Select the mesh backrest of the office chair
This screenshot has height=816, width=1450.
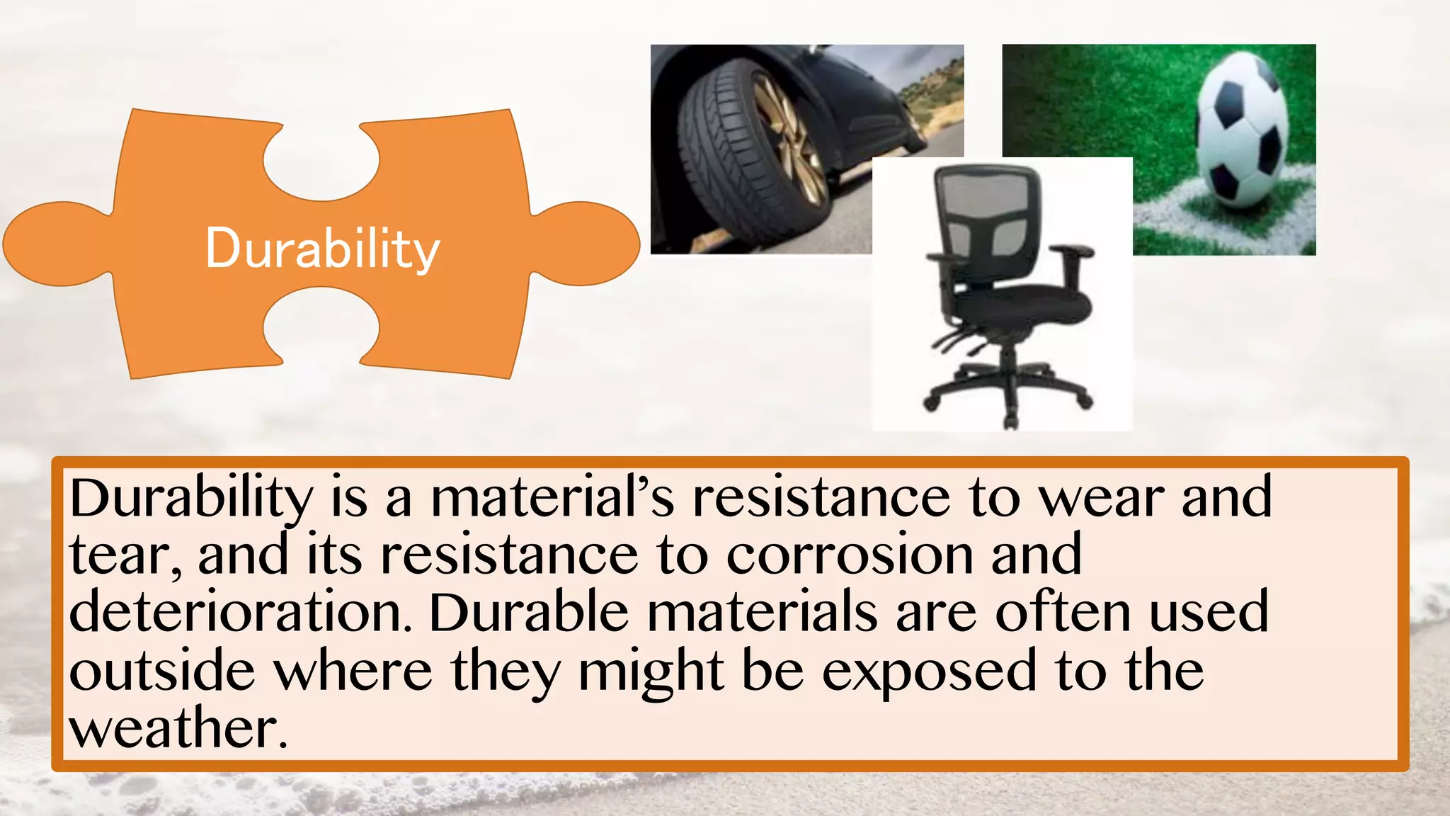click(x=987, y=212)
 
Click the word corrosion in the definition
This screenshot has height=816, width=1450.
click(x=850, y=555)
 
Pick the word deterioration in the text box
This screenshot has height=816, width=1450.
click(x=241, y=613)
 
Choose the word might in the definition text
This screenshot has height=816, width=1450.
click(x=651, y=671)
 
